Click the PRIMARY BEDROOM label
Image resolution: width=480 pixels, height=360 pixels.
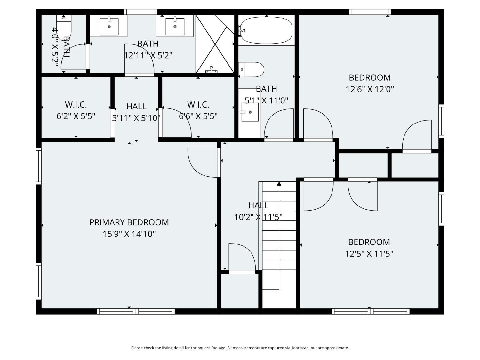pyautogui.click(x=129, y=222)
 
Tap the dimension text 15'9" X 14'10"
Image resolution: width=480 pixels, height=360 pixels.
pyautogui.click(x=129, y=234)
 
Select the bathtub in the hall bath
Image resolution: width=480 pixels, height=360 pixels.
pyautogui.click(x=266, y=30)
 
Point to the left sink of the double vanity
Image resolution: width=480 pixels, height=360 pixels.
pyautogui.click(x=109, y=26)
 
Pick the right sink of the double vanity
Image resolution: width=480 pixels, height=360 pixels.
pyautogui.click(x=175, y=26)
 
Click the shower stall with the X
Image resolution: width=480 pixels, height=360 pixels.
pyautogui.click(x=215, y=44)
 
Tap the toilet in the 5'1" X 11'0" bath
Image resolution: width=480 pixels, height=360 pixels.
pyautogui.click(x=251, y=69)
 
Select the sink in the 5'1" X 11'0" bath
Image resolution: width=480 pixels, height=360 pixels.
pyautogui.click(x=250, y=112)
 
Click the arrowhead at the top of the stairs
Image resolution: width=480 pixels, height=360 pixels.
pyautogui.click(x=279, y=184)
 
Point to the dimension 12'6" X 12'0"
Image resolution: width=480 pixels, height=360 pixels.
pyautogui.click(x=370, y=89)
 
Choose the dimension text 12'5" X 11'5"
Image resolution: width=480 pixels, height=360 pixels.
pyautogui.click(x=369, y=254)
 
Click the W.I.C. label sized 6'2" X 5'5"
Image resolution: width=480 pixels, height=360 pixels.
pyautogui.click(x=76, y=105)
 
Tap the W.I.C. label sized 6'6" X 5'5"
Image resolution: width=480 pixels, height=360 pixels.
pyautogui.click(x=198, y=105)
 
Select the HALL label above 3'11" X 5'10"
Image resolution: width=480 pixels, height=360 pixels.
pyautogui.click(x=136, y=107)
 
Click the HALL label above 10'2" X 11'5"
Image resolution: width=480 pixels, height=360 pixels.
pyautogui.click(x=258, y=205)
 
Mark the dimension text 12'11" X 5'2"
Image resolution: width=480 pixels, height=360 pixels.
pyautogui.click(x=148, y=55)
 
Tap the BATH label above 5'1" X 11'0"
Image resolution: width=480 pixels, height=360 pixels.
pyautogui.click(x=266, y=89)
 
